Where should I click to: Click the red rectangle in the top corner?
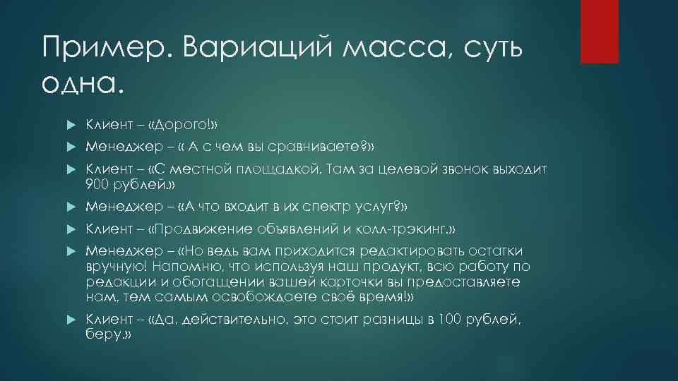pos(599,31)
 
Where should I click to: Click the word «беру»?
pos(102,335)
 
